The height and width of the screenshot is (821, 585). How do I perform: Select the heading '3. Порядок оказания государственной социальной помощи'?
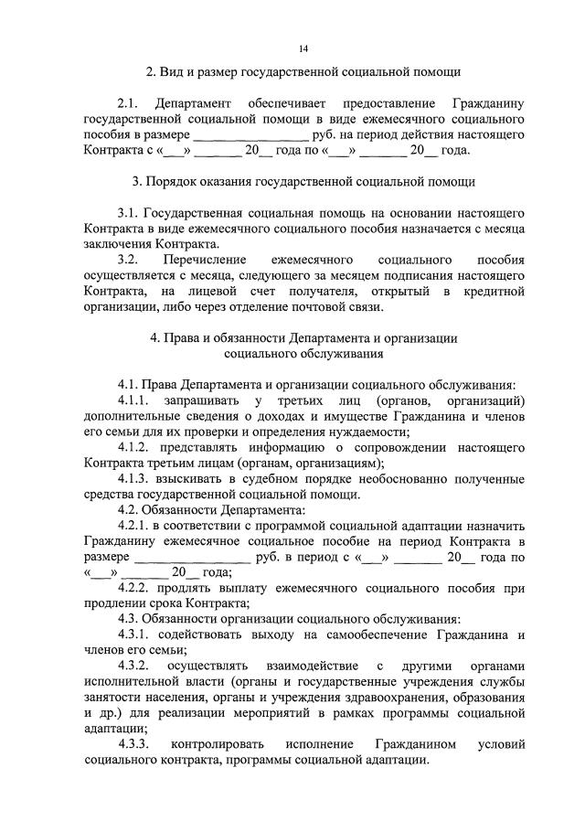click(303, 182)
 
